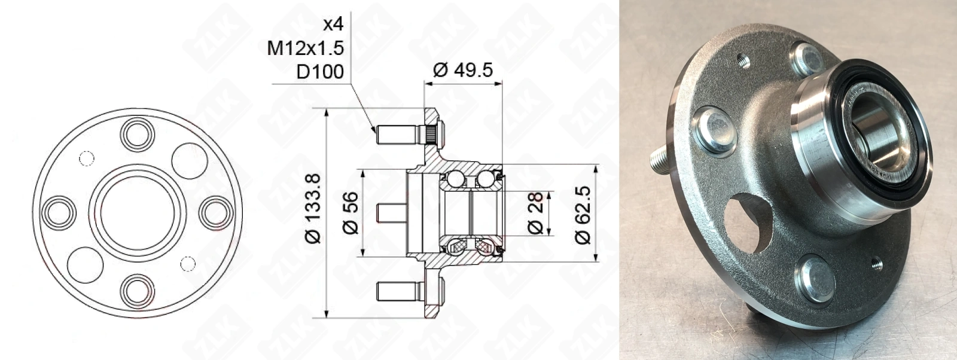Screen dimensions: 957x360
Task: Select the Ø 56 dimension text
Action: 351,213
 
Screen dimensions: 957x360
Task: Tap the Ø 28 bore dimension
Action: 535,213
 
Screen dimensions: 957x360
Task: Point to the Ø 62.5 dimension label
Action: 583,214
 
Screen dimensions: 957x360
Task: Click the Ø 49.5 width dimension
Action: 463,69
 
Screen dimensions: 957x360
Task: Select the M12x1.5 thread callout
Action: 306,48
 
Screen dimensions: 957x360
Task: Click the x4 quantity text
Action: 333,25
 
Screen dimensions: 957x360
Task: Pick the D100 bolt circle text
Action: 320,72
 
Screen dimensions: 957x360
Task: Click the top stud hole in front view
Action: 138,134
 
